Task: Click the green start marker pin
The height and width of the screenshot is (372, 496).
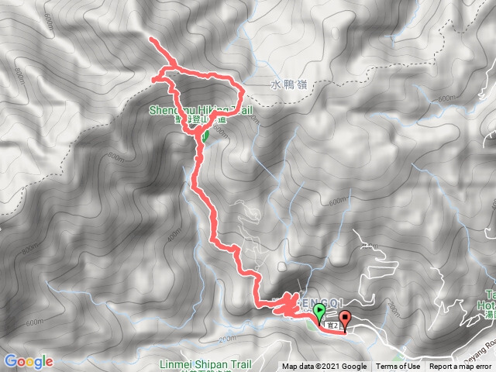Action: [x=319, y=312]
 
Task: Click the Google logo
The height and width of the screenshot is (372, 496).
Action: [x=29, y=361]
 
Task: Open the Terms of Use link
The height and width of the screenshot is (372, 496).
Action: [x=398, y=367]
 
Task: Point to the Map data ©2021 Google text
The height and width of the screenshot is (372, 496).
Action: [x=324, y=367]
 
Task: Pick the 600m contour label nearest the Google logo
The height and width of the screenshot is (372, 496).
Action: [x=34, y=301]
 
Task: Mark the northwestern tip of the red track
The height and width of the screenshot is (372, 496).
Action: [x=151, y=39]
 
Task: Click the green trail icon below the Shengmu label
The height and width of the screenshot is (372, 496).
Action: [x=205, y=136]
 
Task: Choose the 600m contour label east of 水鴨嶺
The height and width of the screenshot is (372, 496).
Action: [x=447, y=98]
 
